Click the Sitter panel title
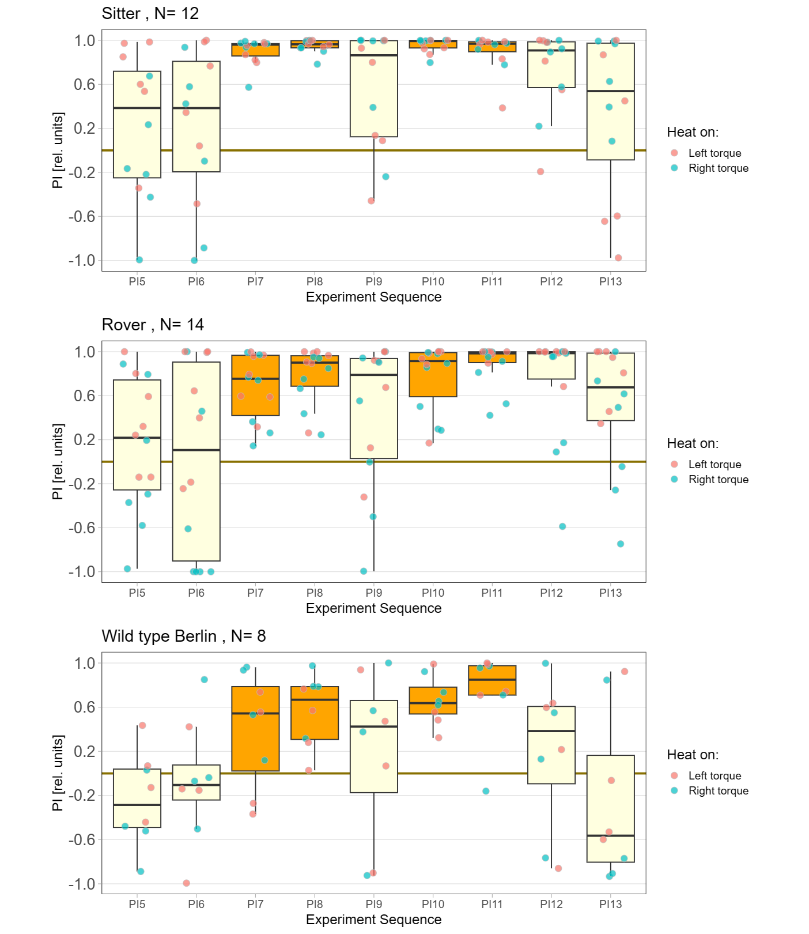tap(150, 13)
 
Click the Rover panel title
tap(153, 325)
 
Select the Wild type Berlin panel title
tap(184, 636)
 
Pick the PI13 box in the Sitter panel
tap(611, 101)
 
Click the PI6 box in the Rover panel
tap(196, 461)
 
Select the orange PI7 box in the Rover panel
tap(255, 385)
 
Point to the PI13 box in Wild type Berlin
tap(611, 808)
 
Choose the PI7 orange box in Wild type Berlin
tap(255, 729)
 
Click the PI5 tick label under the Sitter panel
tap(137, 281)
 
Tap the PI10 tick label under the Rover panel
tap(433, 593)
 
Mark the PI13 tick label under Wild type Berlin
tap(611, 904)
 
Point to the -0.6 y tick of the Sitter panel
tap(82, 216)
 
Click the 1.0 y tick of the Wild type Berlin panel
tap(85, 663)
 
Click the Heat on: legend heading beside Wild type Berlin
tap(693, 755)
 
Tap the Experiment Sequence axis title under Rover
tap(374, 608)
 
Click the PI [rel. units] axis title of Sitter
tap(58, 150)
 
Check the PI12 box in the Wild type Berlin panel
tap(551, 745)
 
